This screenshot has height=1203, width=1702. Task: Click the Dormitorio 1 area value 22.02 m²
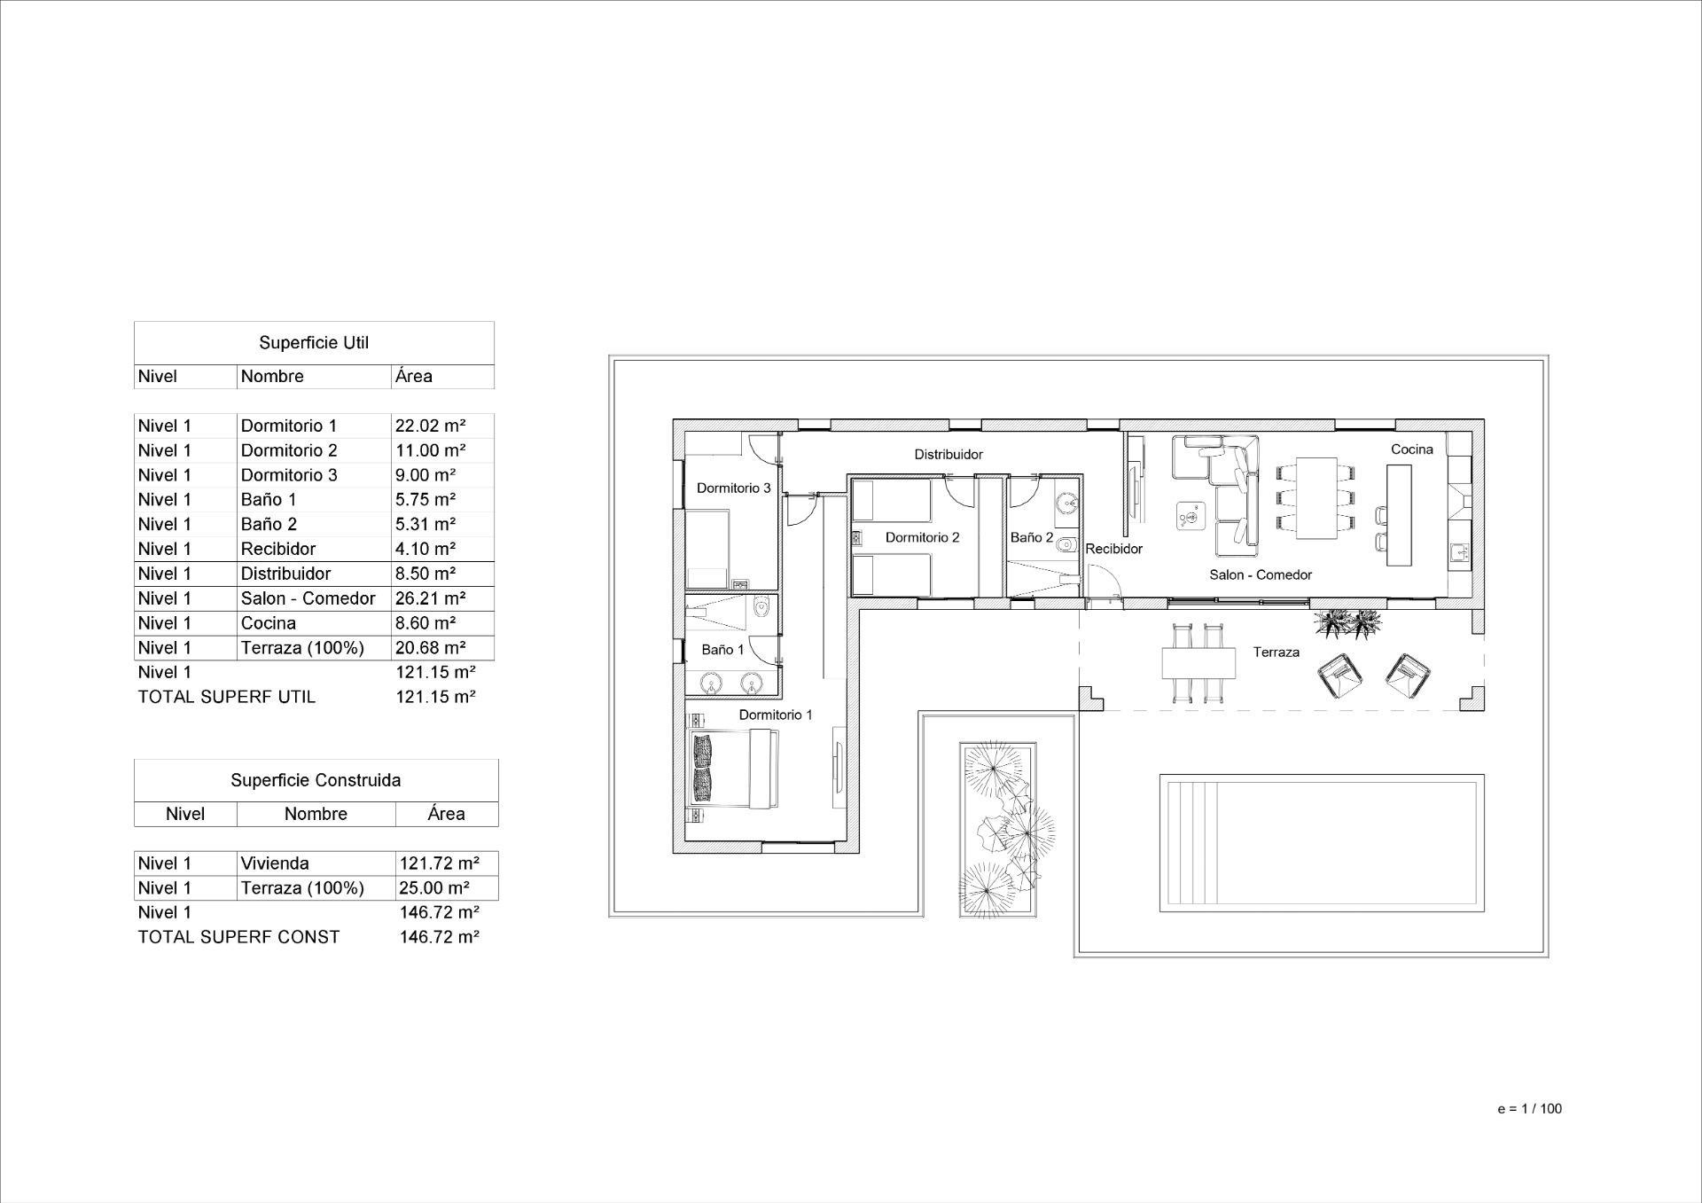(x=431, y=426)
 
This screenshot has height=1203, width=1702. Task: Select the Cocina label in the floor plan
(x=1411, y=449)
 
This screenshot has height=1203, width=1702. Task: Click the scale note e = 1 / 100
(x=1529, y=1108)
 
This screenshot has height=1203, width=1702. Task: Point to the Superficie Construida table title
(x=316, y=780)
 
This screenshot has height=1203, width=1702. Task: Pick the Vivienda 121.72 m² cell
(x=439, y=863)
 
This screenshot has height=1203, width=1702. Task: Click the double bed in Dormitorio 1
(x=736, y=769)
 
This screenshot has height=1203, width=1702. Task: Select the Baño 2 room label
(x=1032, y=537)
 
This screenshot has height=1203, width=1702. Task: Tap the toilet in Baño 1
(x=760, y=608)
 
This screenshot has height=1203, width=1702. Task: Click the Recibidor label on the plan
(x=1114, y=549)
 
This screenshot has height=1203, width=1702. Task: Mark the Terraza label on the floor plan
(x=1276, y=652)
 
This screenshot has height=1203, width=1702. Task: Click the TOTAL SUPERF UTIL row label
(x=226, y=697)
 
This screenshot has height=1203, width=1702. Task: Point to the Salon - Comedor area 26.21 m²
(x=431, y=598)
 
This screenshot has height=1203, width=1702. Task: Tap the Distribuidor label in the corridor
(x=949, y=454)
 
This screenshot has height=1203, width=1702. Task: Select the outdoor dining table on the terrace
(x=1198, y=663)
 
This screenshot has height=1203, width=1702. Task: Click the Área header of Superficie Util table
(x=414, y=376)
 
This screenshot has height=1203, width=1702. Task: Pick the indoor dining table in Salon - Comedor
(x=1316, y=498)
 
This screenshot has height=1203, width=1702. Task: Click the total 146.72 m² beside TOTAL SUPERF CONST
(x=439, y=937)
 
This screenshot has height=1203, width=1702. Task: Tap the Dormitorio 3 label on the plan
(x=733, y=488)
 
